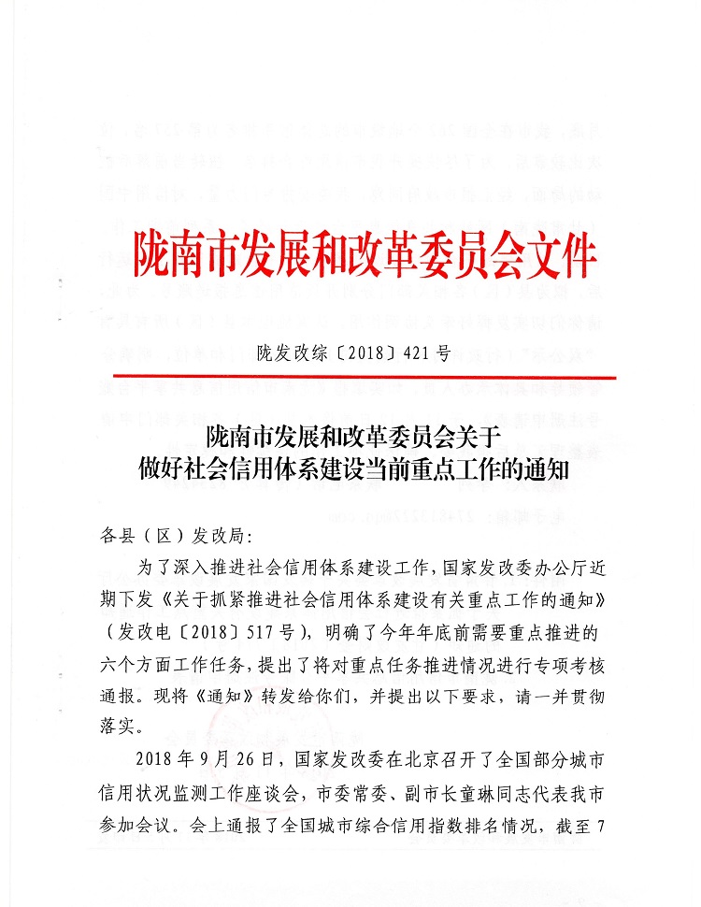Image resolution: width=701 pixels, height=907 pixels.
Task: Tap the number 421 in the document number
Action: point(417,353)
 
